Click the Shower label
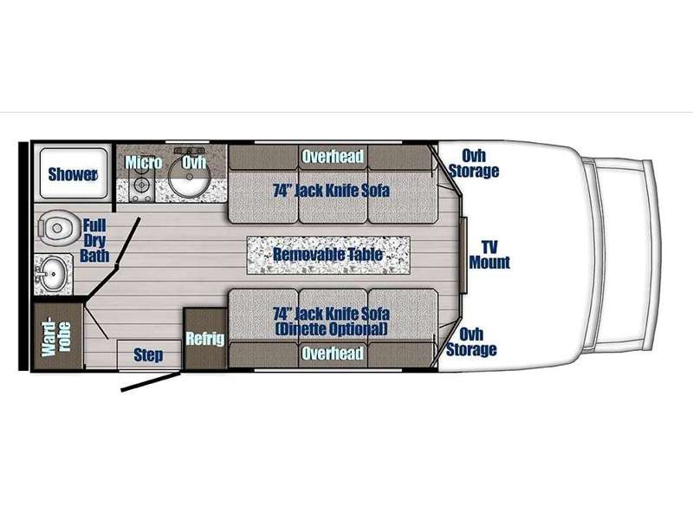73,174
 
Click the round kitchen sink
189,176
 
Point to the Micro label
143,162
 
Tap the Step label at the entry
148,354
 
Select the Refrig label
205,339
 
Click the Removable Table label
328,254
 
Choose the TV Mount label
489,254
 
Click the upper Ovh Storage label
473,163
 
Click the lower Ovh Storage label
471,341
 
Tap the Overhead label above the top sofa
333,156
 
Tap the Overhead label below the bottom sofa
333,354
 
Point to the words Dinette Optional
332,329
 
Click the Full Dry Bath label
94,241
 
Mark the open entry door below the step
151,382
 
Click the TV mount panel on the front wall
463,256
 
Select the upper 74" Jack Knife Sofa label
332,191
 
